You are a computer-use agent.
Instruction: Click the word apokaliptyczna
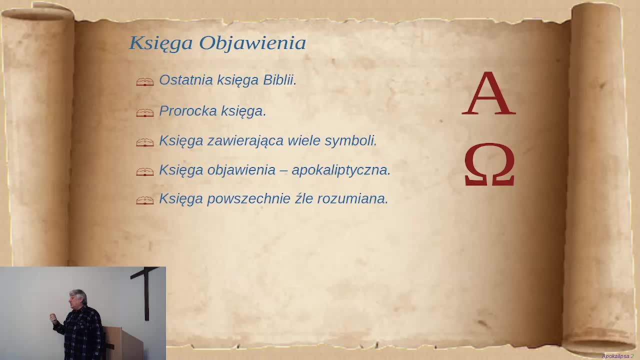[x=340, y=170]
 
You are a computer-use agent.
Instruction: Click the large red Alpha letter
[x=488, y=94]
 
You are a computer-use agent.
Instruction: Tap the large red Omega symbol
[x=489, y=165]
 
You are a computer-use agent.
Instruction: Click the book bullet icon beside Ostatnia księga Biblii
[x=145, y=82]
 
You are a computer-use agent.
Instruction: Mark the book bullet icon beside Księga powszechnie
[x=145, y=200]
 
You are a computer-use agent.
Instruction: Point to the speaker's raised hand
[x=53, y=318]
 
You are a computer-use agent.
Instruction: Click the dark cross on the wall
[x=146, y=290]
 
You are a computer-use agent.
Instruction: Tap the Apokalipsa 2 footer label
[x=617, y=356]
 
